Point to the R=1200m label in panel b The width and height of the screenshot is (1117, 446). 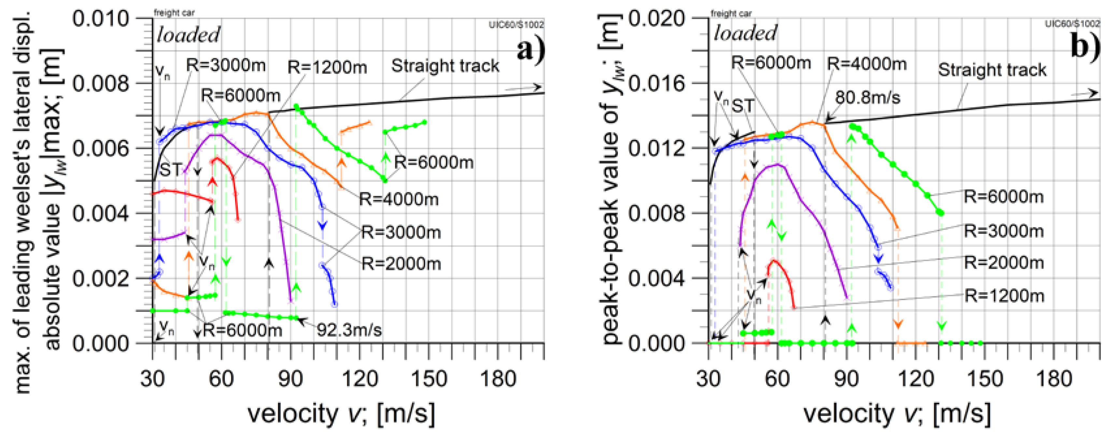(x=1004, y=296)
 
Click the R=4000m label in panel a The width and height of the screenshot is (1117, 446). (x=399, y=199)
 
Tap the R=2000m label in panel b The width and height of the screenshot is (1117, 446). (x=1004, y=263)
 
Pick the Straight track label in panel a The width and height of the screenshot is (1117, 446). (x=445, y=66)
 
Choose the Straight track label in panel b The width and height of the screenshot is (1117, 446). (x=992, y=70)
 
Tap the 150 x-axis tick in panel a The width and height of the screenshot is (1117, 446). (x=429, y=379)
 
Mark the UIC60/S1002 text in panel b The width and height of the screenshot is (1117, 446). (x=1072, y=23)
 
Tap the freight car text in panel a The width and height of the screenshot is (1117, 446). (x=174, y=13)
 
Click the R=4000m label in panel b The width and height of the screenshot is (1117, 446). (x=866, y=64)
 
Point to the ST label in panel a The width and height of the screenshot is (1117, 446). (x=170, y=170)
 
